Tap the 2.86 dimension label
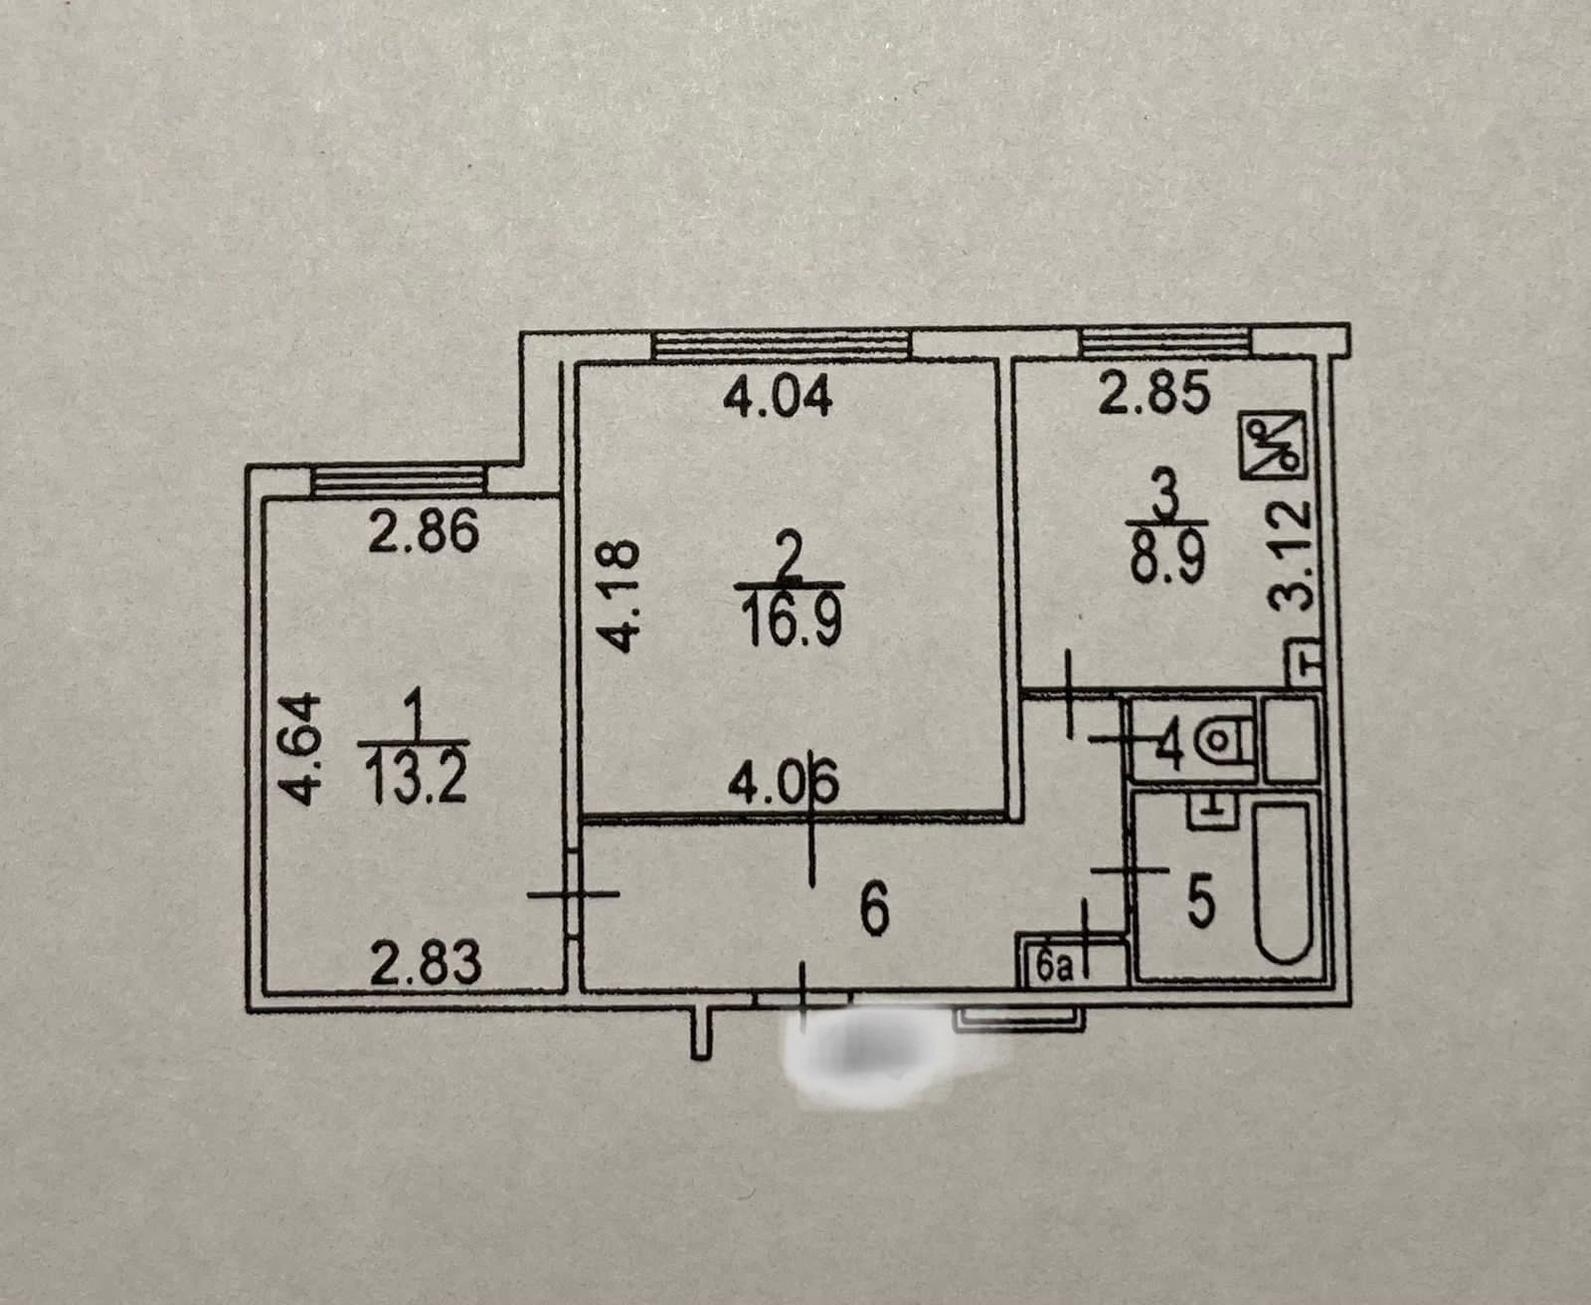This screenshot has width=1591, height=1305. click(x=424, y=533)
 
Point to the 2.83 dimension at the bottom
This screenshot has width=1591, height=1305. click(x=425, y=964)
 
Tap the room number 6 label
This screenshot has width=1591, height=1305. click(x=874, y=911)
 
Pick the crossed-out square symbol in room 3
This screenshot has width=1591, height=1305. click(x=1274, y=447)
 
